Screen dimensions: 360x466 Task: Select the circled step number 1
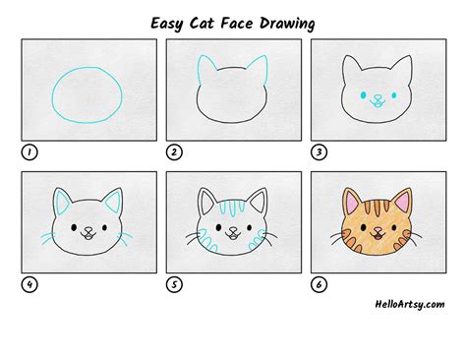tap(28, 153)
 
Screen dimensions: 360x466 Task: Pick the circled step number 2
tap(173, 153)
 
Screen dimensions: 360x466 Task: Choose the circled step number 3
tap(319, 153)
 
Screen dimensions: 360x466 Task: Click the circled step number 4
tap(28, 286)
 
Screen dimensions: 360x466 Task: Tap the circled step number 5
tap(173, 286)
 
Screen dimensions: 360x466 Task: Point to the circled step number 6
tap(319, 286)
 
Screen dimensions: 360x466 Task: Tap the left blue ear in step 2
tap(205, 72)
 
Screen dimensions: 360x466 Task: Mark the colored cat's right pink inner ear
tap(404, 205)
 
